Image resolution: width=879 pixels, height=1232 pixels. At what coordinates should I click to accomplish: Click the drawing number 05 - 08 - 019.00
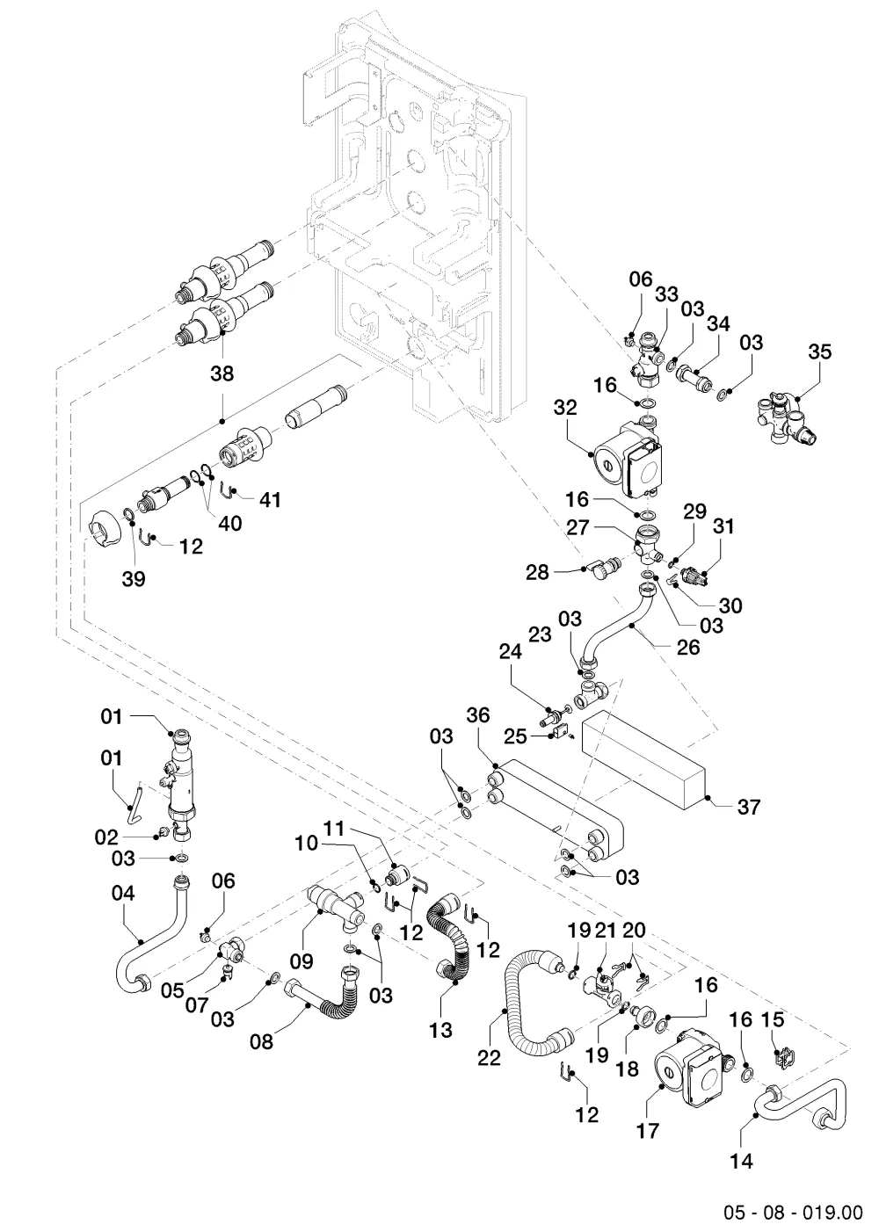click(793, 1212)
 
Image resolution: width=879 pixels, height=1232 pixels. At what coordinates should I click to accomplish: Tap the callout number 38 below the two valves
click(222, 373)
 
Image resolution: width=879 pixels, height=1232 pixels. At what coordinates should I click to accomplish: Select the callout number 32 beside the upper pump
click(565, 407)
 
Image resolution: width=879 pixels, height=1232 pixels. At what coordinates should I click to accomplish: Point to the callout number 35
click(819, 352)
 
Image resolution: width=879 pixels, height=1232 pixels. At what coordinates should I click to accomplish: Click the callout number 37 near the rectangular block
click(749, 807)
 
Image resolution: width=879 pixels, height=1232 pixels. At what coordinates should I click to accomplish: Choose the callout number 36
click(478, 715)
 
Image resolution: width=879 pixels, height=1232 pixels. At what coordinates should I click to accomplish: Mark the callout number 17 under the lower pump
click(647, 1131)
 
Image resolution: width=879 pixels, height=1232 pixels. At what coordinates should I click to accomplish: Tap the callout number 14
click(741, 1161)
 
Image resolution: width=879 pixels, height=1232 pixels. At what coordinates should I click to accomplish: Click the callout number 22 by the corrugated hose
click(489, 1058)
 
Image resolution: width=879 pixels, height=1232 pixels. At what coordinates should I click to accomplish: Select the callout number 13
click(440, 1030)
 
